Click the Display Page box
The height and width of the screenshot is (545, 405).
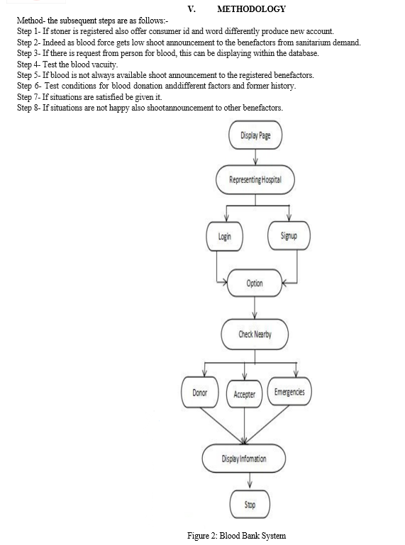coord(255,135)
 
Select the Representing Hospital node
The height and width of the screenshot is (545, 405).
coord(255,180)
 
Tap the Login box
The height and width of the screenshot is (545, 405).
coord(224,236)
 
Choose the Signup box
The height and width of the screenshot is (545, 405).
coord(289,236)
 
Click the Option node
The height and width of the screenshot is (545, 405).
coord(255,283)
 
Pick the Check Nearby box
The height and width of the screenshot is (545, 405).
coord(255,335)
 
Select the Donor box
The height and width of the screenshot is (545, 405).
coord(200,393)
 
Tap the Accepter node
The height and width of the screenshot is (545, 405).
coord(244,394)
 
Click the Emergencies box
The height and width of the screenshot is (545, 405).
coord(289,392)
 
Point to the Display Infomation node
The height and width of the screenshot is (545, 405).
coord(244,459)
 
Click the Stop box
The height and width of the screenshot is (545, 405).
coord(250,505)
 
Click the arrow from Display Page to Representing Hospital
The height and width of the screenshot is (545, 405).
coord(255,157)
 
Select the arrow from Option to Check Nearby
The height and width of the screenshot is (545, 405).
coord(255,308)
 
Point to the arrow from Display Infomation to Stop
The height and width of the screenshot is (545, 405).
coord(250,481)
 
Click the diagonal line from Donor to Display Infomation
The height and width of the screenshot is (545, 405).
coord(222,426)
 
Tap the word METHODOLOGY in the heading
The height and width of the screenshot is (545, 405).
coord(251,9)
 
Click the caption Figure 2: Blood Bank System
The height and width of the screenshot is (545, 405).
coord(237,536)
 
